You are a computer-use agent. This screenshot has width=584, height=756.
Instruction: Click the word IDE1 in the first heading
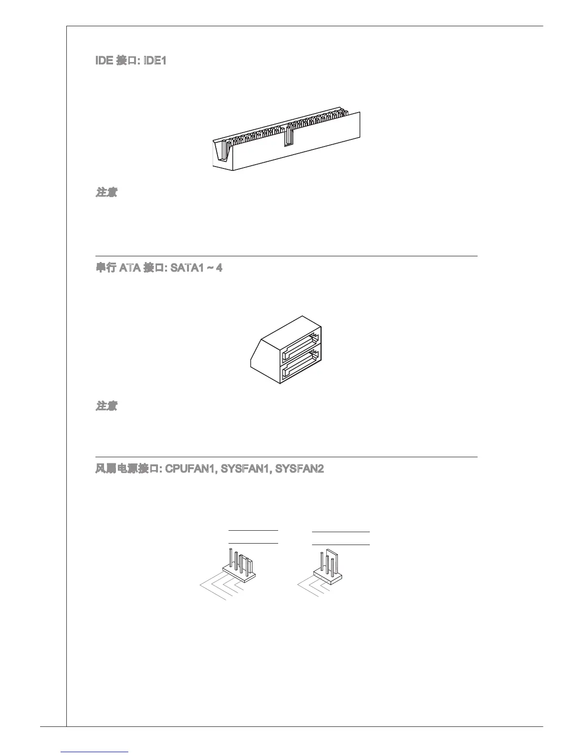pyautogui.click(x=155, y=61)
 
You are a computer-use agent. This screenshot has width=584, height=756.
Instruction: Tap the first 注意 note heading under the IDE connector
pyautogui.click(x=106, y=192)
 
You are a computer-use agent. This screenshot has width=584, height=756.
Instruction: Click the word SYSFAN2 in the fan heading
pyautogui.click(x=301, y=469)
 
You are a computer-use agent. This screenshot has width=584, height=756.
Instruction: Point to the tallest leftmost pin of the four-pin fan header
pyautogui.click(x=231, y=560)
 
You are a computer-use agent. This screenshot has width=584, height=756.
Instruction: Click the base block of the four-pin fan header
pyautogui.click(x=239, y=574)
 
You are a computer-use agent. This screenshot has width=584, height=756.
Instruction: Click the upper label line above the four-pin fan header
pyautogui.click(x=253, y=530)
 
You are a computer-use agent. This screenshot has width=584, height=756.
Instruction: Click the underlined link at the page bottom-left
pyautogui.click(x=95, y=752)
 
